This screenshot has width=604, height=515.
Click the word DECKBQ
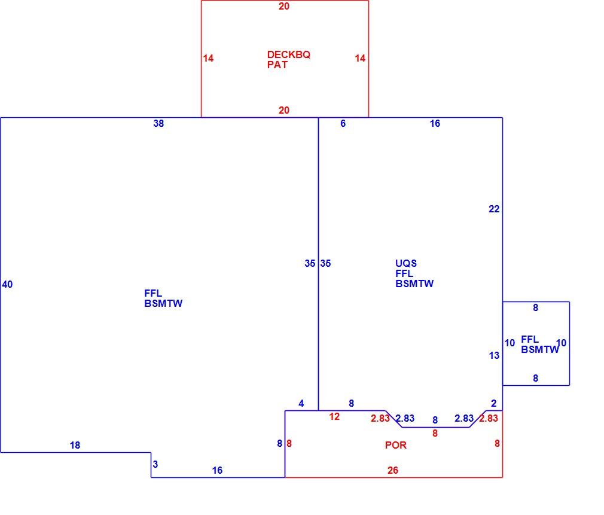(288, 54)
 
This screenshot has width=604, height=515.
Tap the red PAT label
(277, 65)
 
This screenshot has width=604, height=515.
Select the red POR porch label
(396, 445)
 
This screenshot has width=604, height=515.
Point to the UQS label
(406, 263)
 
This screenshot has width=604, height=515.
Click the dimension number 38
(158, 123)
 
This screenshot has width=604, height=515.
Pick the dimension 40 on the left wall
(7, 284)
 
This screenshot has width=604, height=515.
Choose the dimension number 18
(75, 445)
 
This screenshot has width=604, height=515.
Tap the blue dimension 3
(155, 464)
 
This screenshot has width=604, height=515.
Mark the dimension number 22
(494, 209)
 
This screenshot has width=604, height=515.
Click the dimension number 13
(494, 355)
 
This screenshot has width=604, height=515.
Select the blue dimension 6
(343, 123)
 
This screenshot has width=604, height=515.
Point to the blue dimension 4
(301, 403)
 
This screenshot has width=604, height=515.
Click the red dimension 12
(334, 416)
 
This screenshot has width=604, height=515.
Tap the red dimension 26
(392, 470)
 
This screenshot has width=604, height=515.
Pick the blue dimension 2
(494, 403)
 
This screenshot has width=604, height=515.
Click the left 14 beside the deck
(208, 58)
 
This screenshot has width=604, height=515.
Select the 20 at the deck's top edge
(284, 6)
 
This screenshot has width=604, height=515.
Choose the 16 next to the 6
(435, 123)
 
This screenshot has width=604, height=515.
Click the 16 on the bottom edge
(217, 470)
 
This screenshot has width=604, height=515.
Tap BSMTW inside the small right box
(539, 349)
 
